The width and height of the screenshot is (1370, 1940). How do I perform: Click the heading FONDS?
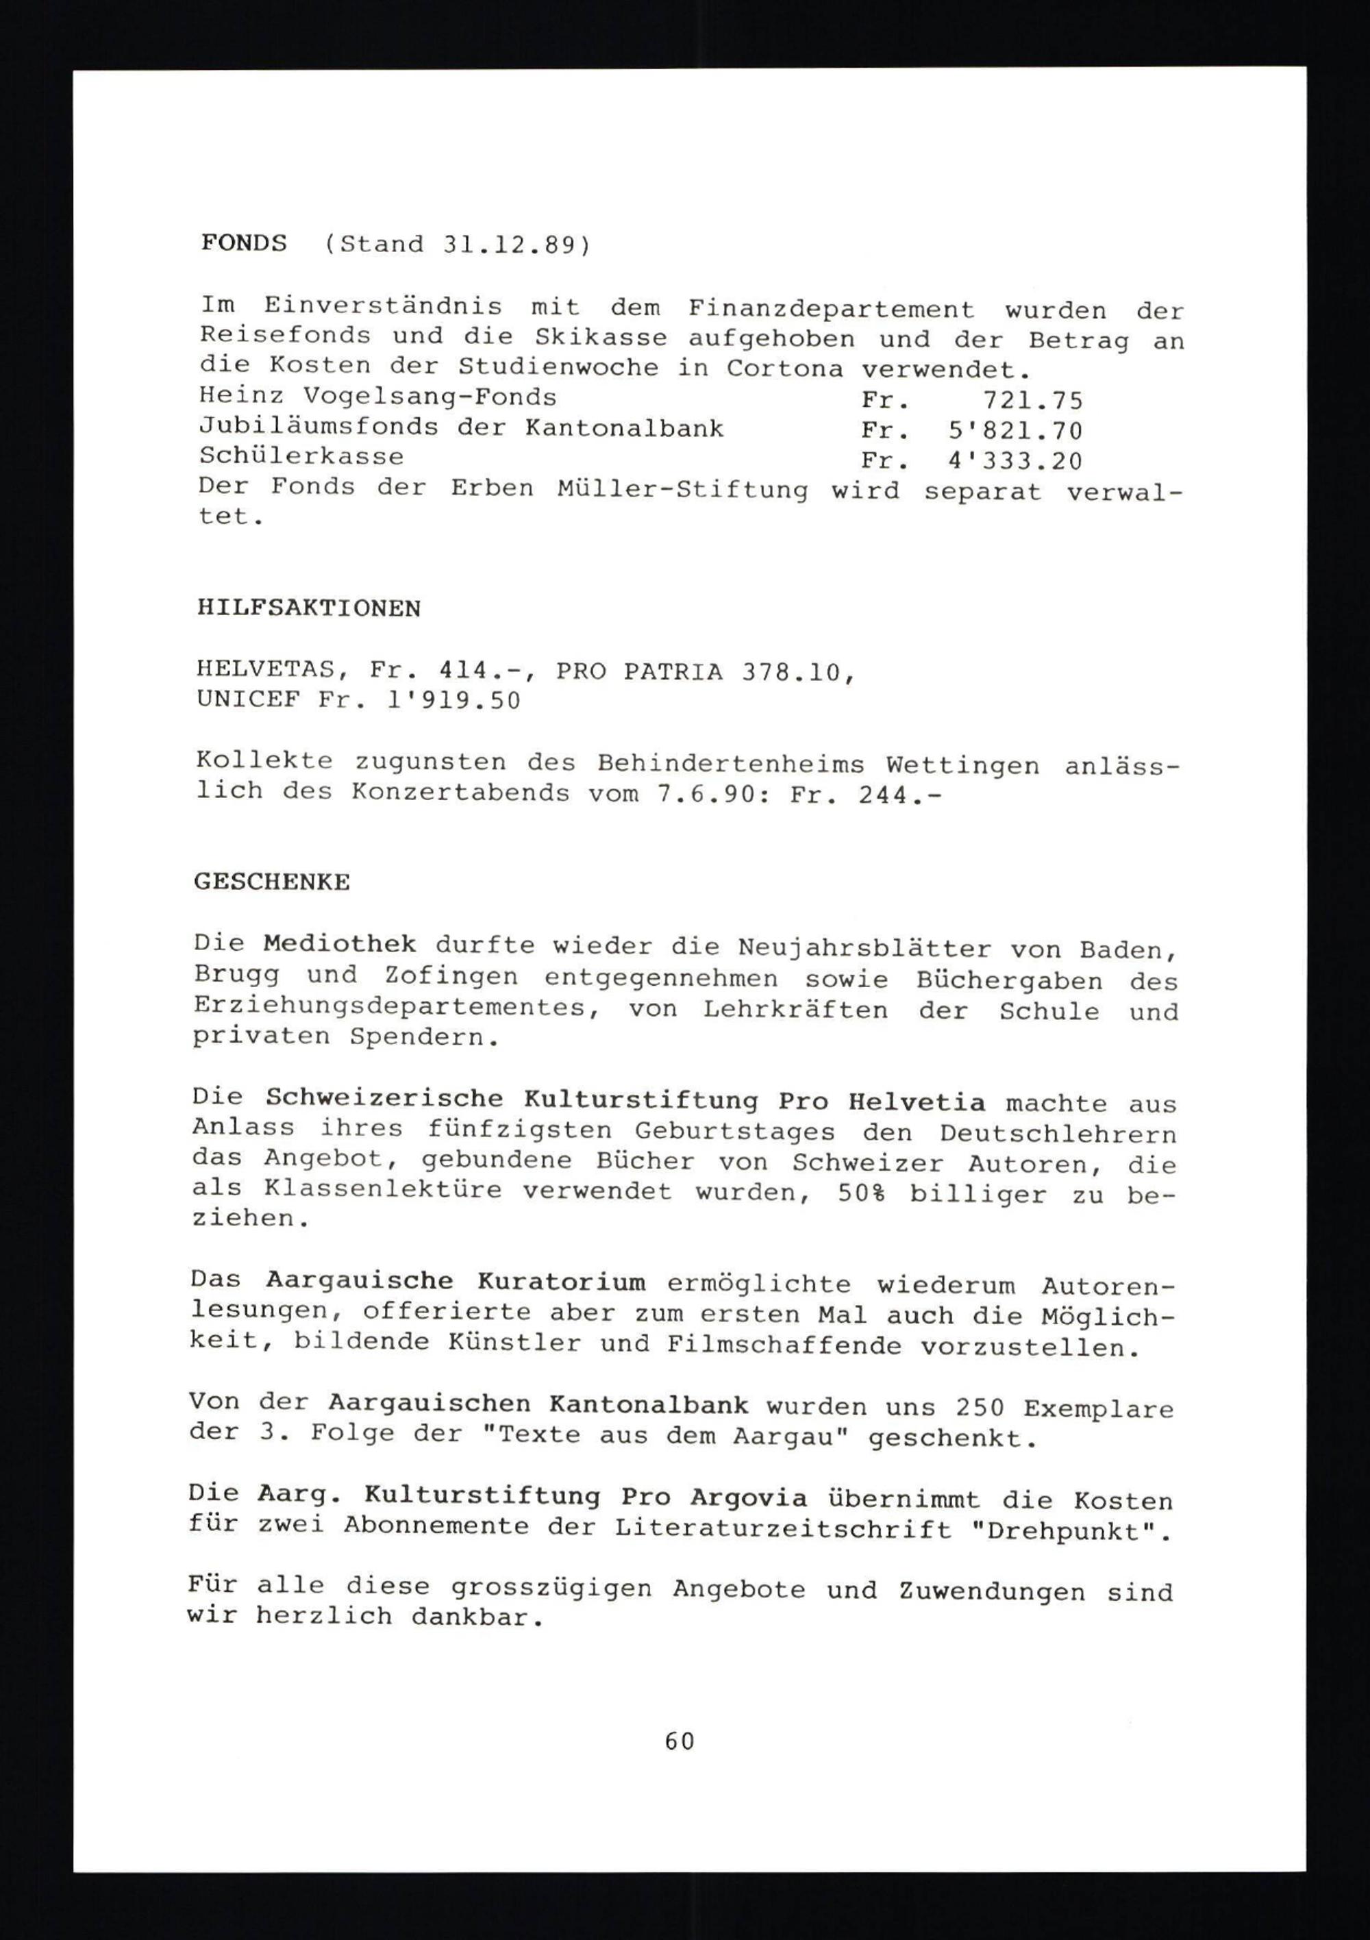[243, 243]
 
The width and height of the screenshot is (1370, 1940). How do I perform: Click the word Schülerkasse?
[301, 457]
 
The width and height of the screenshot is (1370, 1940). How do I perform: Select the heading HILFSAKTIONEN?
[308, 608]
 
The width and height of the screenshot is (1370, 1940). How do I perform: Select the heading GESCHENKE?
[272, 882]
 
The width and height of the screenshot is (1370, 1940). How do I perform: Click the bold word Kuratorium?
[561, 1282]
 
